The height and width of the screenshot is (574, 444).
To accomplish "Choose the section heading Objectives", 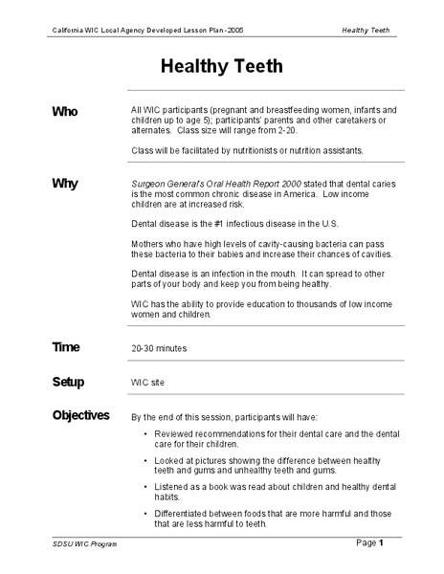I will [81, 415].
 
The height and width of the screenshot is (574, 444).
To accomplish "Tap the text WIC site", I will [148, 383].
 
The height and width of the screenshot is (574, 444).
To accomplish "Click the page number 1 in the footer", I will [380, 542].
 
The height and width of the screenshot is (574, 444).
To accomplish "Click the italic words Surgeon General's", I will [168, 182].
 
